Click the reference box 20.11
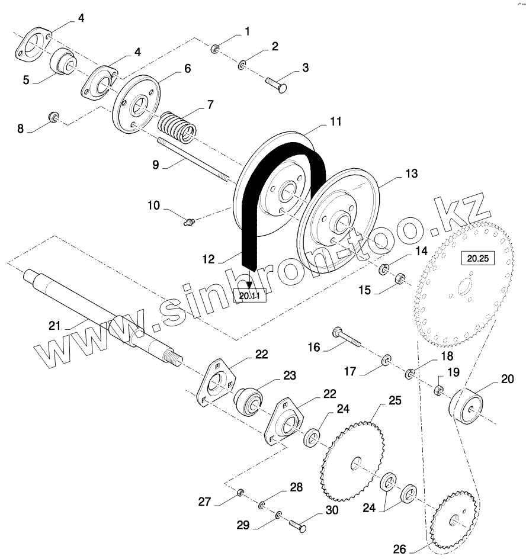point(250,294)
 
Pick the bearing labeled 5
point(61,62)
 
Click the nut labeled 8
point(54,115)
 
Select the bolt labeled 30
point(298,525)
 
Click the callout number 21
point(54,325)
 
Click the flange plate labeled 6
point(136,104)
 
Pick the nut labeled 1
point(216,48)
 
